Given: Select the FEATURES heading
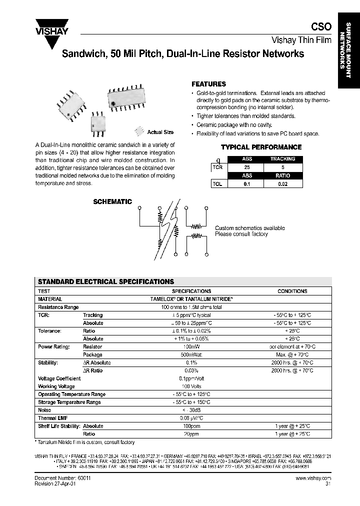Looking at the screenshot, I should [209, 84].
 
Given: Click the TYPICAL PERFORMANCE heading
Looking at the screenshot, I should [261, 147].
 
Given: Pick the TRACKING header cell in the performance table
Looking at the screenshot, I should [283, 159].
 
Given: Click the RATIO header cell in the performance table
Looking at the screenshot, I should [283, 175].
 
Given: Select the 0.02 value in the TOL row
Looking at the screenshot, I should [283, 184].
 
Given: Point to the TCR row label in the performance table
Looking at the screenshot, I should [217, 167].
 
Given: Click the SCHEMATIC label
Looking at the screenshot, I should [112, 202].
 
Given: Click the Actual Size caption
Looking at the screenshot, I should [160, 132].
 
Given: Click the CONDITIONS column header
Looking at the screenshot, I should [292, 291].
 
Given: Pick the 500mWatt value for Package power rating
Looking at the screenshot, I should [191, 354].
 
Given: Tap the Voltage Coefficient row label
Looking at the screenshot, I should [56, 378].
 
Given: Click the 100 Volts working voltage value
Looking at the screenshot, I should [191, 386].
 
